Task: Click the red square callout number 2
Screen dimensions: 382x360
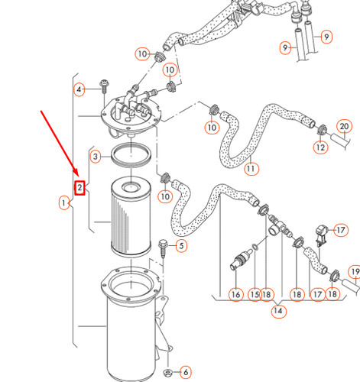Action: (x=79, y=187)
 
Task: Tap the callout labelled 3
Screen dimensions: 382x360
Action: (x=96, y=157)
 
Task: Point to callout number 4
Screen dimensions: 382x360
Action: (x=79, y=90)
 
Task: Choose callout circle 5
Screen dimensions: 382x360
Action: (x=180, y=245)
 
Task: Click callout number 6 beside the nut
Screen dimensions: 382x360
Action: (x=186, y=371)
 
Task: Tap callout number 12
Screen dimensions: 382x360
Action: (x=320, y=146)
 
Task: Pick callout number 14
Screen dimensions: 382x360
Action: (x=276, y=312)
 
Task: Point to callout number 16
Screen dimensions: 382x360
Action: (x=235, y=293)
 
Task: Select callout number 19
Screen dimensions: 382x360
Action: (x=354, y=272)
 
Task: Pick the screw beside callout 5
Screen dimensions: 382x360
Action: (x=163, y=248)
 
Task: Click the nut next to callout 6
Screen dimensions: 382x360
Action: (x=167, y=371)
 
